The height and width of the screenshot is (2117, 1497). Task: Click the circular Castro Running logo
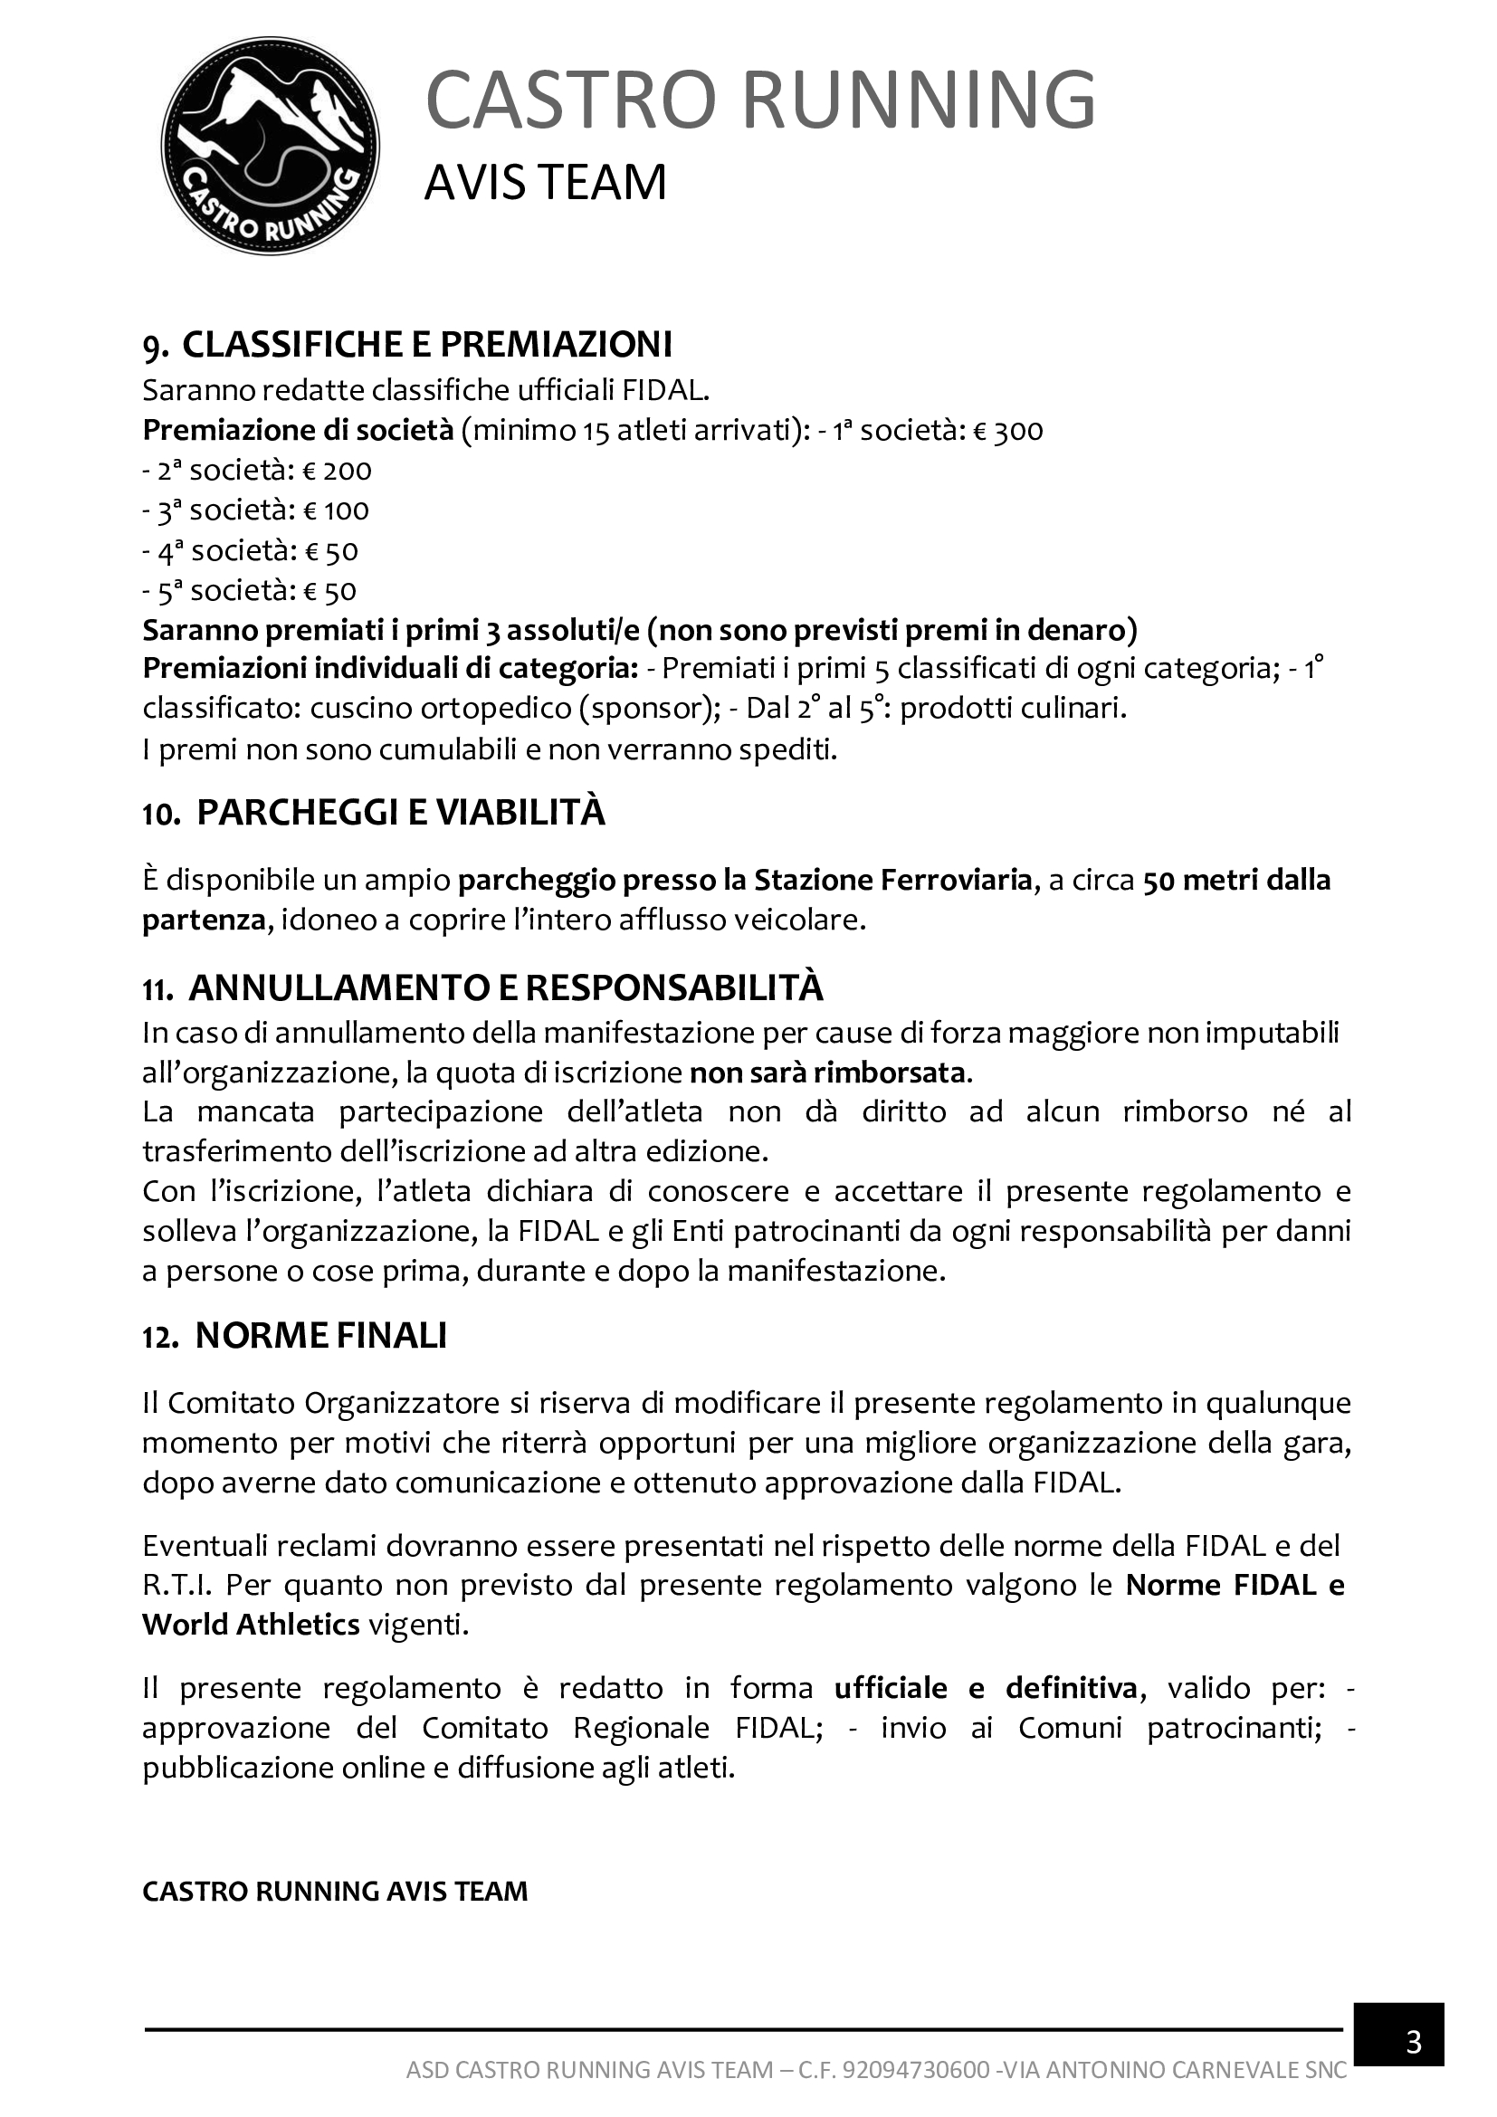coord(270,147)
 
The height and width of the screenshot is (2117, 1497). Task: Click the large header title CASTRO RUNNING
coord(759,100)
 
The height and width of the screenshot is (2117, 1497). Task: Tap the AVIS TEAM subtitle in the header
coord(545,182)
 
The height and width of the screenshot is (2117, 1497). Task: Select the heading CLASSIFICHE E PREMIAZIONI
coord(427,344)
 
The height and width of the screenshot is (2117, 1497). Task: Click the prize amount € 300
coord(1008,431)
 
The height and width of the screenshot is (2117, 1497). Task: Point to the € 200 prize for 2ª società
coord(338,472)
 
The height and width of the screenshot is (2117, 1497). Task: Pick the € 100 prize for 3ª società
coord(337,510)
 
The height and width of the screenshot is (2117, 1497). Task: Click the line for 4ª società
coord(250,551)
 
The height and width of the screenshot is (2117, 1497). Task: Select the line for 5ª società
coord(249,591)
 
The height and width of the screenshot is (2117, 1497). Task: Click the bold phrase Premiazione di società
coord(298,431)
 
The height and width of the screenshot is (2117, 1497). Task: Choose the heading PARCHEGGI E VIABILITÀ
coord(401,814)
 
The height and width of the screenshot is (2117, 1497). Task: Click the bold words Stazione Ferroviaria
coord(892,881)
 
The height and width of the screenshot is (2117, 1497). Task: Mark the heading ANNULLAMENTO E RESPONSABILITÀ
coord(505,987)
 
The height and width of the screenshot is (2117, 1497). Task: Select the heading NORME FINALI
coord(320,1336)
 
